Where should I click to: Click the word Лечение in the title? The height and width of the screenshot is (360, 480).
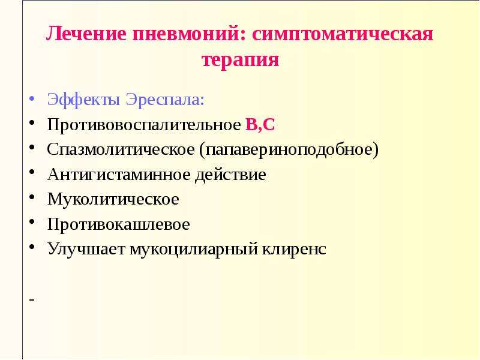coord(86,34)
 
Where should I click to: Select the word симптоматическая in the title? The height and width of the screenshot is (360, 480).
coord(343,34)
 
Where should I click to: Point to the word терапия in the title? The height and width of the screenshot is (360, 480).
coord(241,59)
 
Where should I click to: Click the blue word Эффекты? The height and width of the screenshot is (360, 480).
coord(83,100)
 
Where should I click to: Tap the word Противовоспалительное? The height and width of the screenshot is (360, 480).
coord(144,125)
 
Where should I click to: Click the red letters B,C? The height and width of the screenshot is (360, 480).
coord(260,125)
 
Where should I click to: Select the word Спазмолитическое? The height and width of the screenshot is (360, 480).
coord(121,149)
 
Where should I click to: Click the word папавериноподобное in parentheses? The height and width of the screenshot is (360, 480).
coord(289,149)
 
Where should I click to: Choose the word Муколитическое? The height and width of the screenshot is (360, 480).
coord(113,199)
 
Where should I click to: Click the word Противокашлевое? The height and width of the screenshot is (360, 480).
coord(118,224)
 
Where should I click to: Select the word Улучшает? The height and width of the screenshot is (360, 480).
coord(86,249)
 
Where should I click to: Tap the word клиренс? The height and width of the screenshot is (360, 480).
coord(294,249)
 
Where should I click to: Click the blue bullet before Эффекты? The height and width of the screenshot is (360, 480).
coord(32,99)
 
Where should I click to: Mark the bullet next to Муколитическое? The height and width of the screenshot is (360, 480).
coord(32,197)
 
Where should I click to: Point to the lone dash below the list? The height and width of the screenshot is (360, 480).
coord(32,299)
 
